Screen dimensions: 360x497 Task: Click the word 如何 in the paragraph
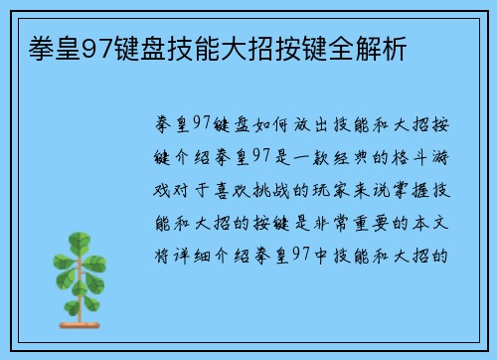point(267,124)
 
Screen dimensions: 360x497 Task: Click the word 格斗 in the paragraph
point(421,157)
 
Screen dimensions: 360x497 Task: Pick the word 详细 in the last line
point(189,254)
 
